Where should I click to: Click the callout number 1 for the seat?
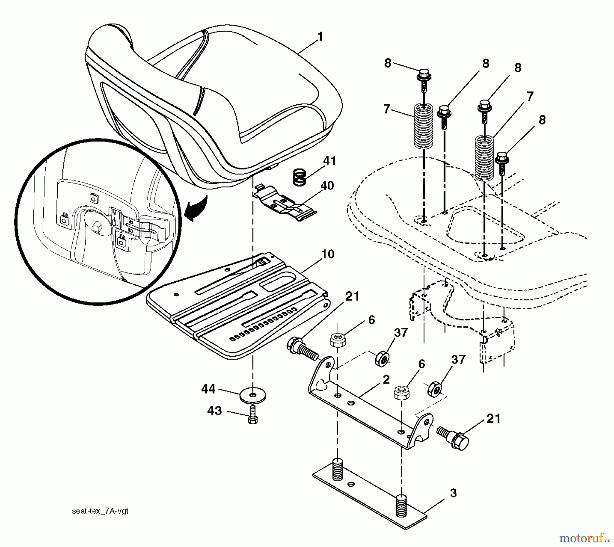coord(320,37)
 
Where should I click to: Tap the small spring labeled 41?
coord(299,178)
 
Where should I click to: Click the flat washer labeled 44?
coord(252,395)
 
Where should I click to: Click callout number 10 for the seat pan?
coord(327,254)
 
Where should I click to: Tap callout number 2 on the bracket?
coord(386,380)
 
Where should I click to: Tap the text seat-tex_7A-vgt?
coord(100,511)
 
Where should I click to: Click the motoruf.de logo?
coord(584,539)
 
